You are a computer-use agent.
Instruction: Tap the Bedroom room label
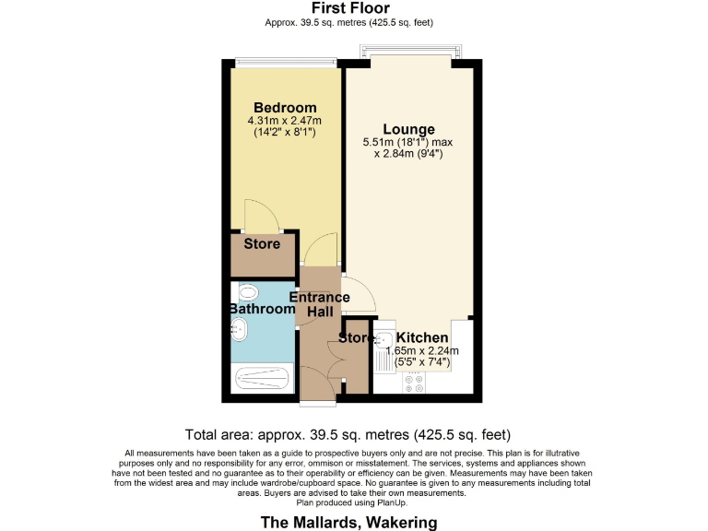285,108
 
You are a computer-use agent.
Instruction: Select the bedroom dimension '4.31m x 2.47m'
285,121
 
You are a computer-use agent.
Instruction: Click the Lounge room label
409,129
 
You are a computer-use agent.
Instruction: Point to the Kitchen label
422,338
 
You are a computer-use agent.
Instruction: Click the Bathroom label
262,309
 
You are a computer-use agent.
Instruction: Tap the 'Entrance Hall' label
320,304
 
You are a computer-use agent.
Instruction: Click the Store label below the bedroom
262,244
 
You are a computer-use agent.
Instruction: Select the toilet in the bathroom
247,294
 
